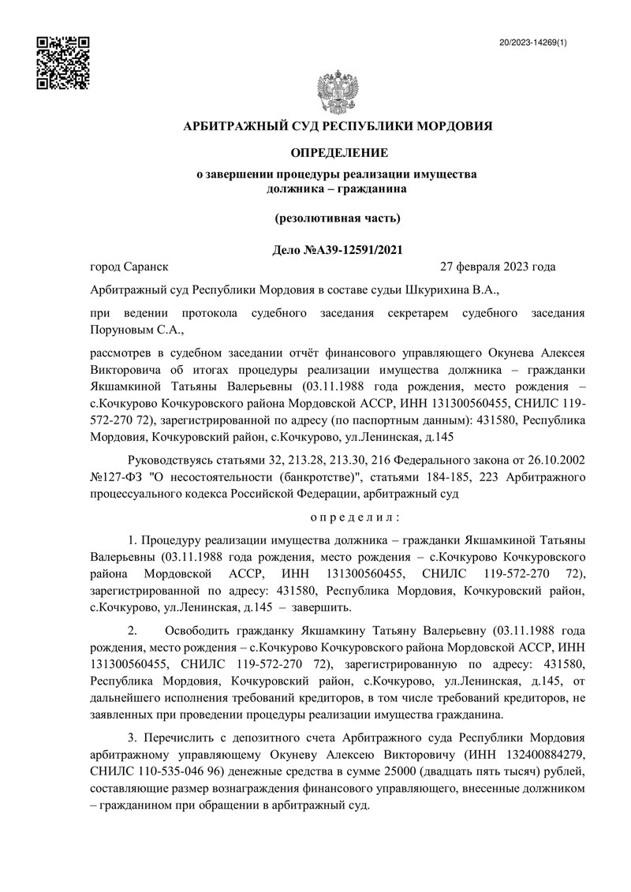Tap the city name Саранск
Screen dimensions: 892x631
(x=147, y=267)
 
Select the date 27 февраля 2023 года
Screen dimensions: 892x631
(x=498, y=267)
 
